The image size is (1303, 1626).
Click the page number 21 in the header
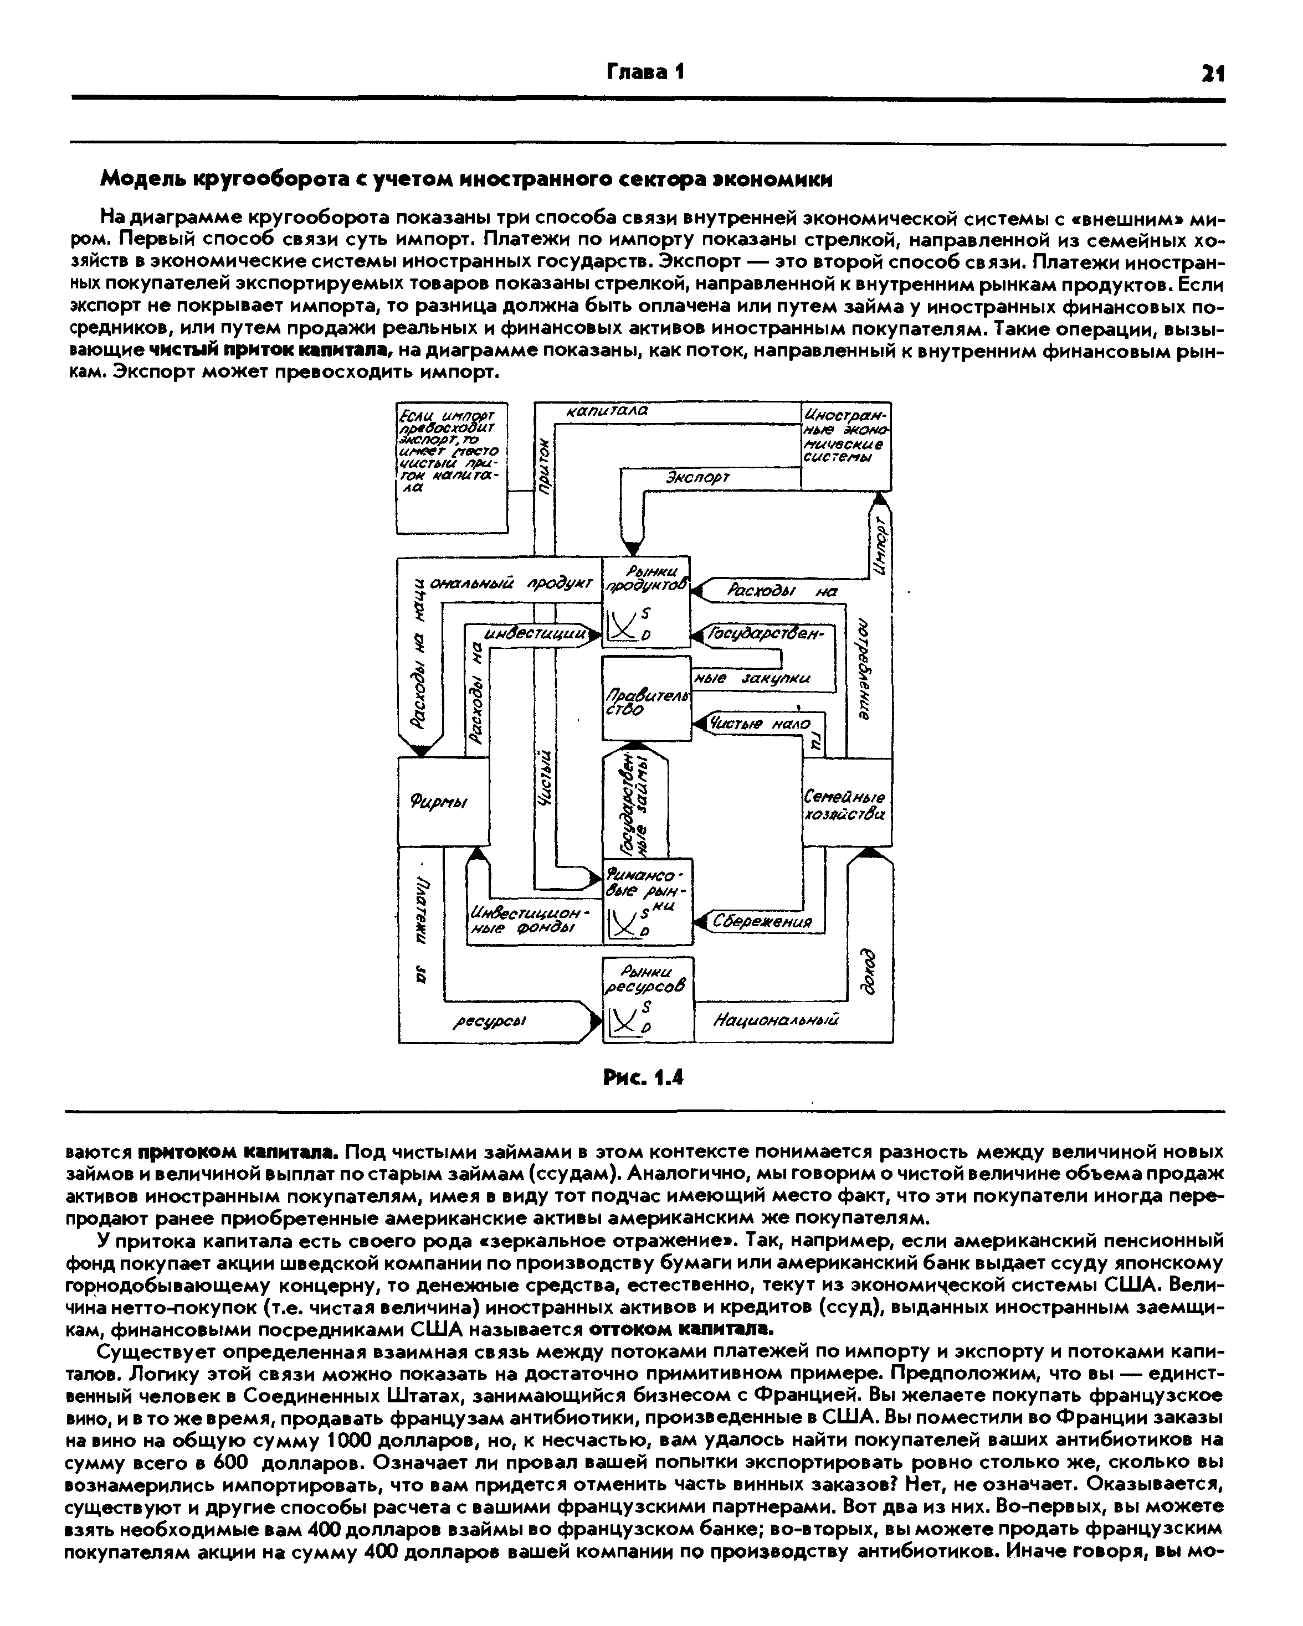pyautogui.click(x=1213, y=73)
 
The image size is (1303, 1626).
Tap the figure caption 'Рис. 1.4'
pyautogui.click(x=644, y=1078)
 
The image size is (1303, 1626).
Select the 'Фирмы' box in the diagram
pyautogui.click(x=442, y=802)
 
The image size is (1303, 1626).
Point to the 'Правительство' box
pyautogui.click(x=646, y=698)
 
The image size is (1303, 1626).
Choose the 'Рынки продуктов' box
pyautogui.click(x=646, y=601)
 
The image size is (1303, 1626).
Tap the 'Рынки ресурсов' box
pyautogui.click(x=648, y=999)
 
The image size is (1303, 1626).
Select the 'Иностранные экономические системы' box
pyautogui.click(x=845, y=446)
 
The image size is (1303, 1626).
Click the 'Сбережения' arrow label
pyautogui.click(x=763, y=922)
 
